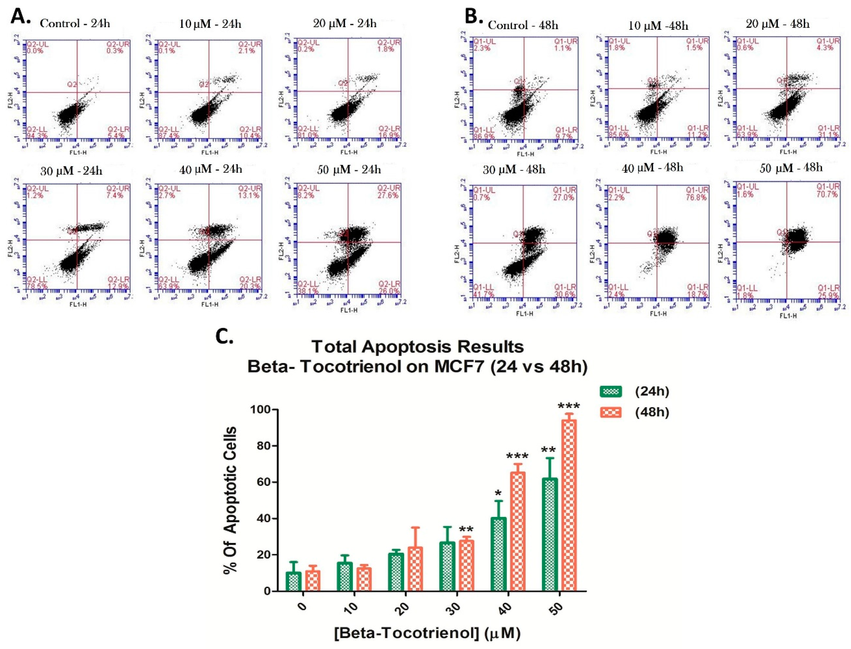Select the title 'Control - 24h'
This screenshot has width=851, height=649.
75,24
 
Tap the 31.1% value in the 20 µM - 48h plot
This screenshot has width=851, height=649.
827,135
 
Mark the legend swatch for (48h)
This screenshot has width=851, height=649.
611,413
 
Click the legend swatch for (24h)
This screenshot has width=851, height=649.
611,392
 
